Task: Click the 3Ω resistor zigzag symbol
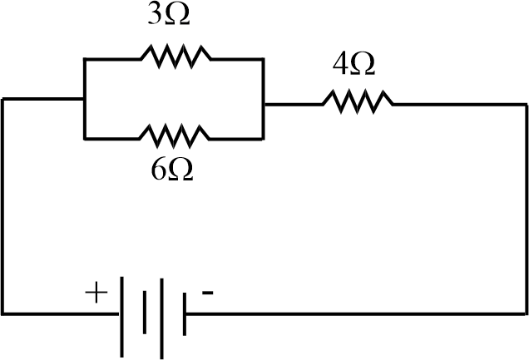pos(176,57)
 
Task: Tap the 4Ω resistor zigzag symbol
pos(358,102)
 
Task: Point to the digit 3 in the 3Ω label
pos(155,17)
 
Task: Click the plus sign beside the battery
pos(96,293)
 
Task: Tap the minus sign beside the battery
pos(208,293)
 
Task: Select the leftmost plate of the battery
pos(122,314)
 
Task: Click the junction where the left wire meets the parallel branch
pos(84,98)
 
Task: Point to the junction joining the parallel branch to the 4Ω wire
pos(264,103)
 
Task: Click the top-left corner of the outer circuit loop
pos(3,99)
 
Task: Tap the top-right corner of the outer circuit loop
pos(526,103)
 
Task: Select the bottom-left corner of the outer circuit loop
pos(3,313)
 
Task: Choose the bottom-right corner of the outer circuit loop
pos(526,313)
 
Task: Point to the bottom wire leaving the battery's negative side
pos(349,313)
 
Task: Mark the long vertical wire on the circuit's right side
pos(526,208)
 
